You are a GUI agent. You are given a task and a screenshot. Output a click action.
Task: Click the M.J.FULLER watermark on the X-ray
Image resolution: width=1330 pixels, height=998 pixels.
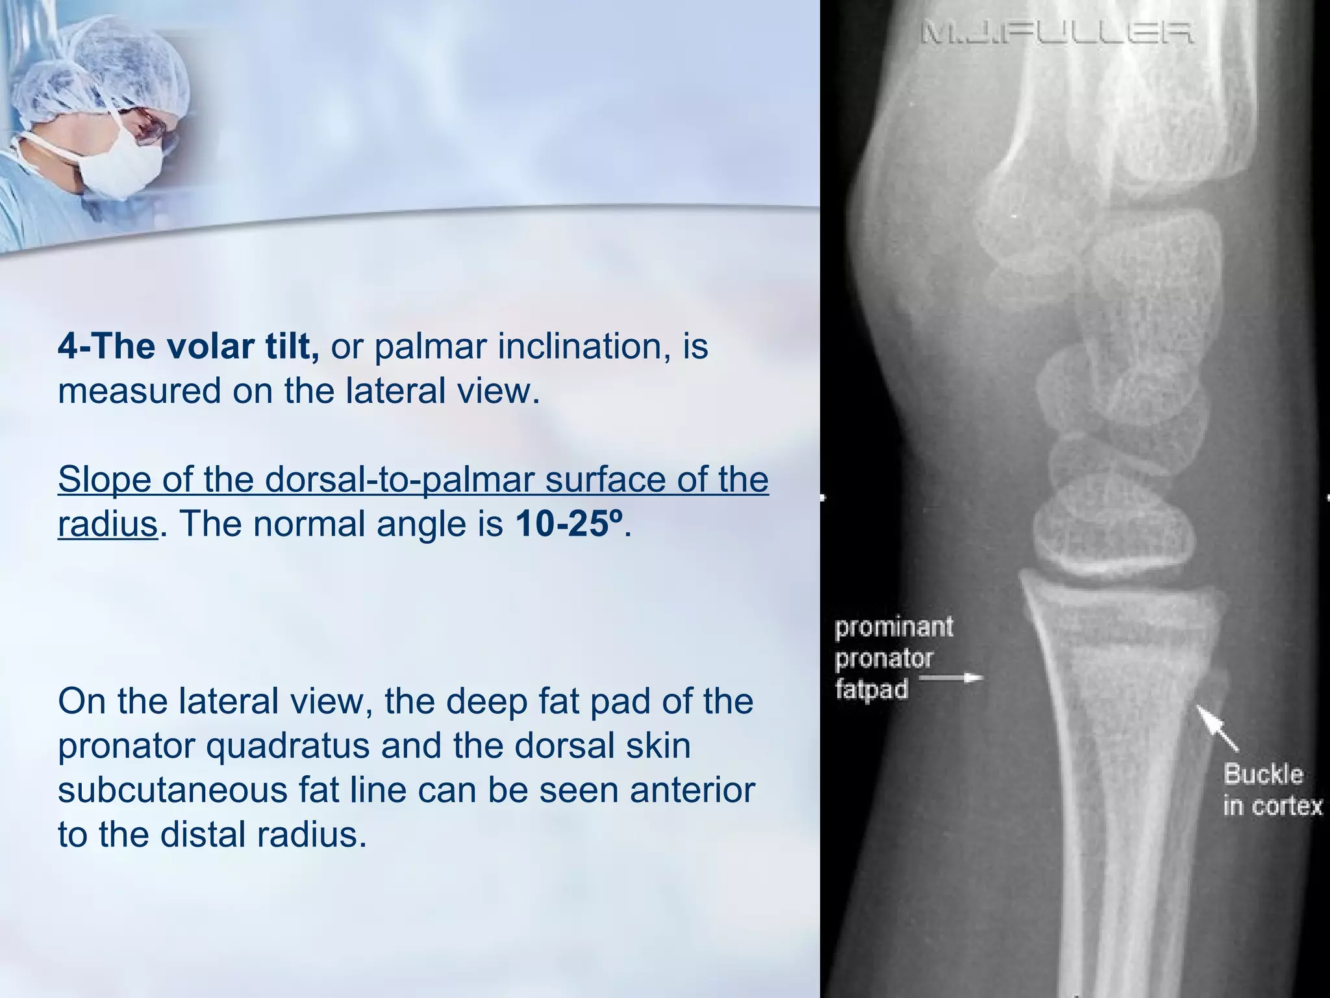[1056, 32]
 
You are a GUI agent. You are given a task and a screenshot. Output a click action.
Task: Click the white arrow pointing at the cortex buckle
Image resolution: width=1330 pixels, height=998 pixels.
[1217, 728]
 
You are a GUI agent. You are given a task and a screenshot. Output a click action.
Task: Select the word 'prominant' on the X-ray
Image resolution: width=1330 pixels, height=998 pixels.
[894, 628]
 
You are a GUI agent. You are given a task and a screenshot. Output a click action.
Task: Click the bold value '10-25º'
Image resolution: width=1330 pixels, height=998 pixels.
[569, 524]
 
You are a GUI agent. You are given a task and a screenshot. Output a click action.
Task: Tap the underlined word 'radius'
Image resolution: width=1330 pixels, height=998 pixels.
[108, 524]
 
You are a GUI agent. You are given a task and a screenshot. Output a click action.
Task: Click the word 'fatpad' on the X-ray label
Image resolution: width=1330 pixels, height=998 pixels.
[872, 689]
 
